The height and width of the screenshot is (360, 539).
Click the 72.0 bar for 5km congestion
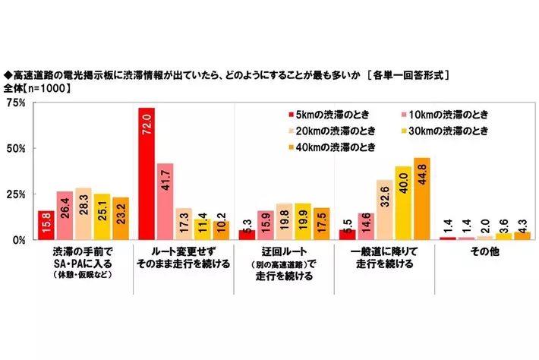pyautogui.click(x=147, y=174)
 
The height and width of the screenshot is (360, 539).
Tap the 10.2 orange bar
pyautogui.click(x=221, y=230)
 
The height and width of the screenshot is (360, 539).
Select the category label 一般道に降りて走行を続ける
pyautogui.click(x=384, y=258)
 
